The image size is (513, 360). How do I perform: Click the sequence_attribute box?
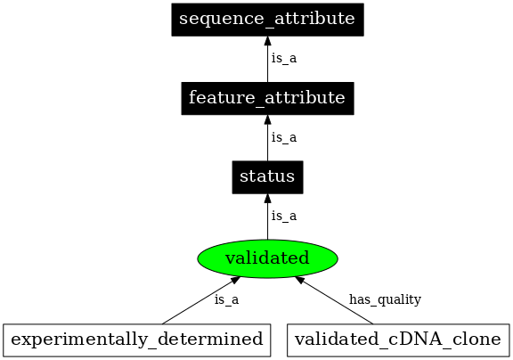click(x=267, y=19)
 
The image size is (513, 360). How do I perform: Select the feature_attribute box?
click(x=267, y=98)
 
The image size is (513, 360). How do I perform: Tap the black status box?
click(x=267, y=177)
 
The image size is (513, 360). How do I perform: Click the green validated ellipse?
click(x=267, y=258)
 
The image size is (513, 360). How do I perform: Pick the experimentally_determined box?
click(x=138, y=340)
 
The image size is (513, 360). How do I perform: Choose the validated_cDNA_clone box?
click(x=400, y=340)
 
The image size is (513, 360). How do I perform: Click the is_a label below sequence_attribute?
click(x=283, y=58)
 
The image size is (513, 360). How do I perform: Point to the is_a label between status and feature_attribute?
click(x=283, y=137)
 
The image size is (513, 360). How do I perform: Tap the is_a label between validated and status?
click(x=283, y=216)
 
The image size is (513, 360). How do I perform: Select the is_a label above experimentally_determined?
click(x=226, y=299)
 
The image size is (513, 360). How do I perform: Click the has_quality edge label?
click(x=385, y=299)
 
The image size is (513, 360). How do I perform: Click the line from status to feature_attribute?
click(x=267, y=143)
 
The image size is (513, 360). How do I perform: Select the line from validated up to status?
click(x=267, y=221)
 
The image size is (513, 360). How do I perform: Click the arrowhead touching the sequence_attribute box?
click(x=267, y=41)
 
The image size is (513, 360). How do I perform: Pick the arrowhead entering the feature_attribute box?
click(x=267, y=120)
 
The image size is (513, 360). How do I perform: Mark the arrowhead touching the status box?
click(x=267, y=199)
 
